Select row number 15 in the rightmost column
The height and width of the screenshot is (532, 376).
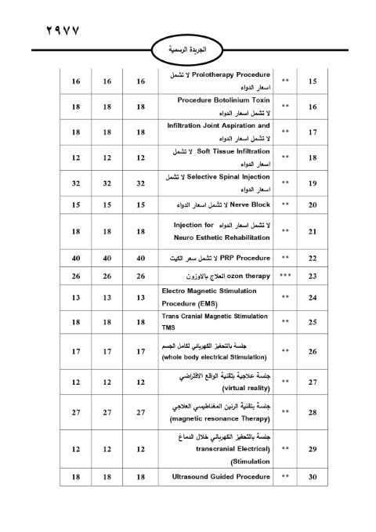click(x=313, y=81)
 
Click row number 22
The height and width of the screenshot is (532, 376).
click(x=313, y=256)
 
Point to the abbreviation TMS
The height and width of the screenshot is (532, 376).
click(x=168, y=328)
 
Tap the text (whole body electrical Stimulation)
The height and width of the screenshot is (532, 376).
click(x=215, y=357)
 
